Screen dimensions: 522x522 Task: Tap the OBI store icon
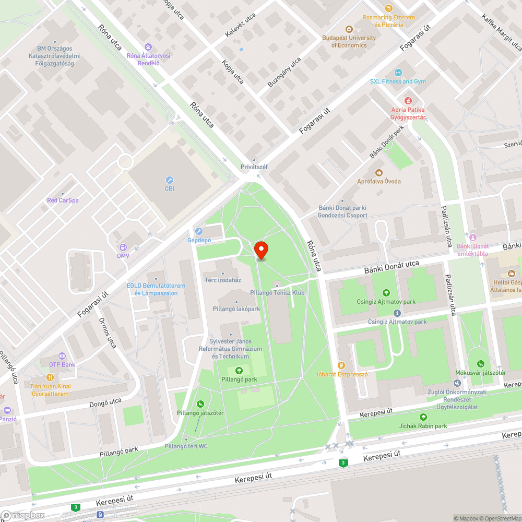169,180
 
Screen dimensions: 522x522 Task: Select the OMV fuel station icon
123,247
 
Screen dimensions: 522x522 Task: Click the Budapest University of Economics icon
349,30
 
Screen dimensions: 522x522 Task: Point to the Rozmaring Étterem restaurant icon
389,8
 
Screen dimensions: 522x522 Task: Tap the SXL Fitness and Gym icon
398,73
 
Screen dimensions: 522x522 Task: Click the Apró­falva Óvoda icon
379,172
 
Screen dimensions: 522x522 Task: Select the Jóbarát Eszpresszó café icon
342,365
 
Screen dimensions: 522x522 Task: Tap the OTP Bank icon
62,355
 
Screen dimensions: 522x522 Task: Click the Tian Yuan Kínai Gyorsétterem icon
50,377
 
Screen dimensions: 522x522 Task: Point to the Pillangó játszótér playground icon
200,404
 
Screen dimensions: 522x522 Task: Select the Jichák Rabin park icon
423,417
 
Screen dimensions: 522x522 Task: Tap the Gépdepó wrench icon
198,231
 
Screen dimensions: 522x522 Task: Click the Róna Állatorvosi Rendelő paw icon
148,47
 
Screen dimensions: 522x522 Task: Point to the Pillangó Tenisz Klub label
277,293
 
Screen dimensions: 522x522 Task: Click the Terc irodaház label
222,280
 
